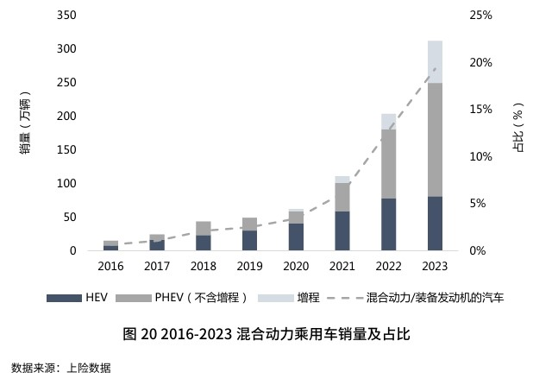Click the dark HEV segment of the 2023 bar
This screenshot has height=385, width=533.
pyautogui.click(x=435, y=224)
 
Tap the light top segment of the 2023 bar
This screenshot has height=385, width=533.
pyautogui.click(x=435, y=61)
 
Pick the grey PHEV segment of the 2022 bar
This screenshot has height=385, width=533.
pyautogui.click(x=388, y=164)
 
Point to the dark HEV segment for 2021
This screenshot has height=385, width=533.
pyautogui.click(x=342, y=231)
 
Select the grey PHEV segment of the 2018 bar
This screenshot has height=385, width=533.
pyautogui.click(x=203, y=228)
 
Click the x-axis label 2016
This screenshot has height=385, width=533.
pyautogui.click(x=110, y=266)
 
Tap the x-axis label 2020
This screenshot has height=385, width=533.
pyautogui.click(x=296, y=266)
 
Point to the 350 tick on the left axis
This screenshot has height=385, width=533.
pyautogui.click(x=66, y=16)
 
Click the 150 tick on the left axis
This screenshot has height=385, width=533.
pyautogui.click(x=66, y=150)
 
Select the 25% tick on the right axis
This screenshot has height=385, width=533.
pyautogui.click(x=480, y=16)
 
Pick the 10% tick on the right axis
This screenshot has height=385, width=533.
pyautogui.click(x=480, y=157)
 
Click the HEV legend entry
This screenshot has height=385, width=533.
pyautogui.click(x=78, y=298)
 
